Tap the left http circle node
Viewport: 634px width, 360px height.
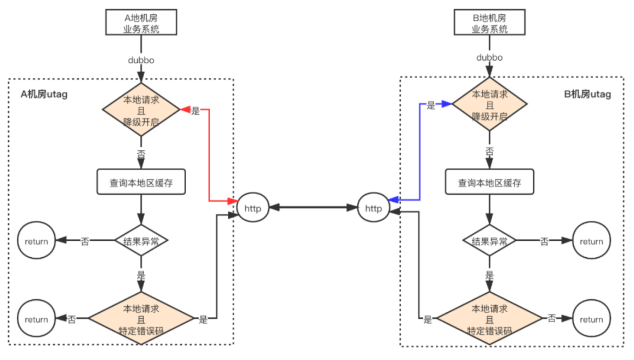point(252,208)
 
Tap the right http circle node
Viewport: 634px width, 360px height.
point(373,208)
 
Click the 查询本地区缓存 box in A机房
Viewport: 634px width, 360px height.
point(141,183)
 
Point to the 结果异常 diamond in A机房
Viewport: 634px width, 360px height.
point(141,240)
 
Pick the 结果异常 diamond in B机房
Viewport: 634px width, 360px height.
point(489,240)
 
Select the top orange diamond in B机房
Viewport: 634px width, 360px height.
point(489,104)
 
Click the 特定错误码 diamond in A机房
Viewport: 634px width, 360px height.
point(141,318)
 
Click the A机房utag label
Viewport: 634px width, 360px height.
point(43,95)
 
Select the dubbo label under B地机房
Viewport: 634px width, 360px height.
point(489,56)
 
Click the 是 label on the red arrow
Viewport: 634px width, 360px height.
point(195,111)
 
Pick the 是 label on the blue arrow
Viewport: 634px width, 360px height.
point(431,105)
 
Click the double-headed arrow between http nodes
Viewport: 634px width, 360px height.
point(313,208)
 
